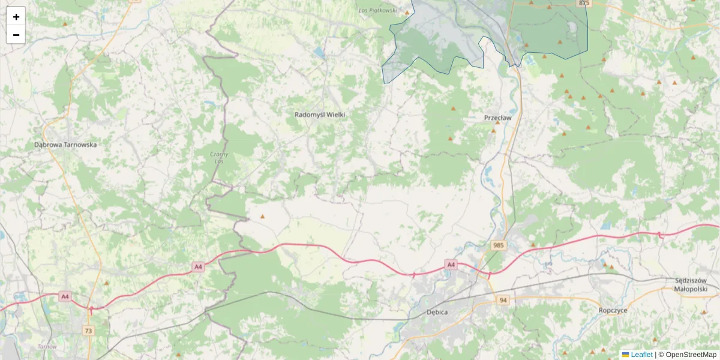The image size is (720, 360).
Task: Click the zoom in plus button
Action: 16,17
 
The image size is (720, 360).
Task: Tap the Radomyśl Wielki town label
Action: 320,114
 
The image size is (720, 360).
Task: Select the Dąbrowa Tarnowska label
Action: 65,145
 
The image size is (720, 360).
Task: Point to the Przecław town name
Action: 497,118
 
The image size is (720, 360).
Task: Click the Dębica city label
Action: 438,312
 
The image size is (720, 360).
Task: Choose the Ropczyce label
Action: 613,310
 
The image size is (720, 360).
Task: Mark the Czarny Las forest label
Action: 220,157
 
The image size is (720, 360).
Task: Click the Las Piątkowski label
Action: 377,10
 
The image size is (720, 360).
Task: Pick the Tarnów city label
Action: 46,347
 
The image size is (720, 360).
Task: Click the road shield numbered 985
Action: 498,245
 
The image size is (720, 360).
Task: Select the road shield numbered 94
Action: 503,300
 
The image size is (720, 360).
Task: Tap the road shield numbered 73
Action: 89,331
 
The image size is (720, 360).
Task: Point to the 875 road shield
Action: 584,3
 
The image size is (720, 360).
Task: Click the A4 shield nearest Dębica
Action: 451,264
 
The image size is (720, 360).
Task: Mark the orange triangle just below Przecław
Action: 494,130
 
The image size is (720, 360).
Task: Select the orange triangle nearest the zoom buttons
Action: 65,24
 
